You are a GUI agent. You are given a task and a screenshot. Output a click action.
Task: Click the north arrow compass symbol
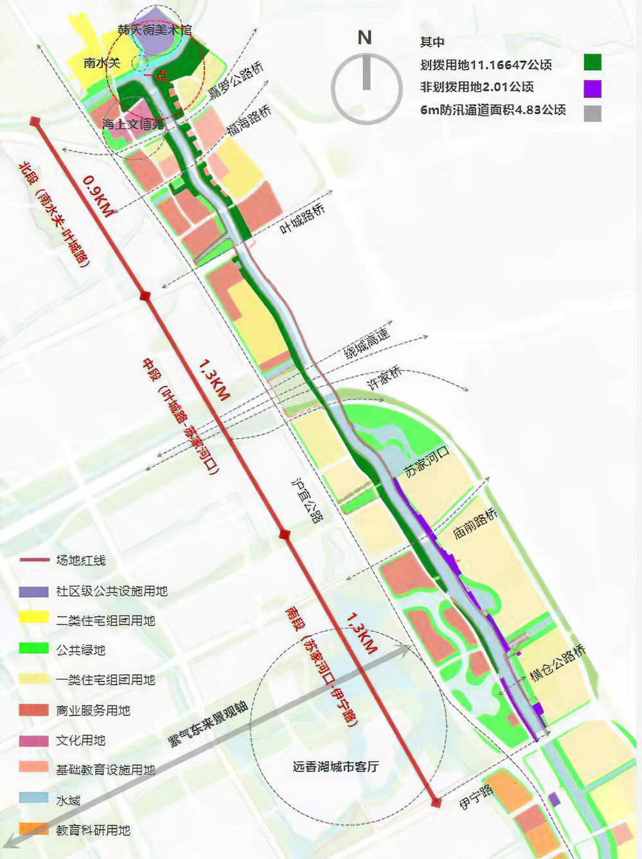(366, 88)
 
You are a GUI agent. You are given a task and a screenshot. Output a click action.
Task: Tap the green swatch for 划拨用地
(593, 62)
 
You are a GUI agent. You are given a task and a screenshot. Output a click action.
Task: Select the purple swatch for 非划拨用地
(593, 88)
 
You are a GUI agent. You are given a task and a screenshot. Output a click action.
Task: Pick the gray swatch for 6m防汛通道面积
(593, 113)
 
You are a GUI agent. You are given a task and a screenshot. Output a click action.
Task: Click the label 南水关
(102, 62)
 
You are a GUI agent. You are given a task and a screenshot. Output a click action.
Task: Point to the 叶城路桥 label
(303, 219)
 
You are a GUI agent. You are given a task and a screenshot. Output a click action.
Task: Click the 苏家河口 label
(427, 461)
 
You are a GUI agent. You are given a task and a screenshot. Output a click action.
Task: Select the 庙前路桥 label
(475, 523)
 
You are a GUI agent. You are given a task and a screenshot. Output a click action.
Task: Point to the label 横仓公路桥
(557, 662)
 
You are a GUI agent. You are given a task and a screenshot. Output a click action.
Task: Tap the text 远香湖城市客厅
(335, 766)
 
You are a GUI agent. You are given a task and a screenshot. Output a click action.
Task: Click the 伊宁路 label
(476, 797)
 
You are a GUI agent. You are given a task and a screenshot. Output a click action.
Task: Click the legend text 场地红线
(81, 560)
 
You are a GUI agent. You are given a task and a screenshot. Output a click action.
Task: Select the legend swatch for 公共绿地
(34, 649)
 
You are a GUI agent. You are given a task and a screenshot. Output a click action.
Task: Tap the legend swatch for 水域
(34, 799)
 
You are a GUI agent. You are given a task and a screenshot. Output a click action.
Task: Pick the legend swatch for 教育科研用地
(34, 829)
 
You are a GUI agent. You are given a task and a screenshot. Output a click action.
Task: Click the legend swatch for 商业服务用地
(34, 710)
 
